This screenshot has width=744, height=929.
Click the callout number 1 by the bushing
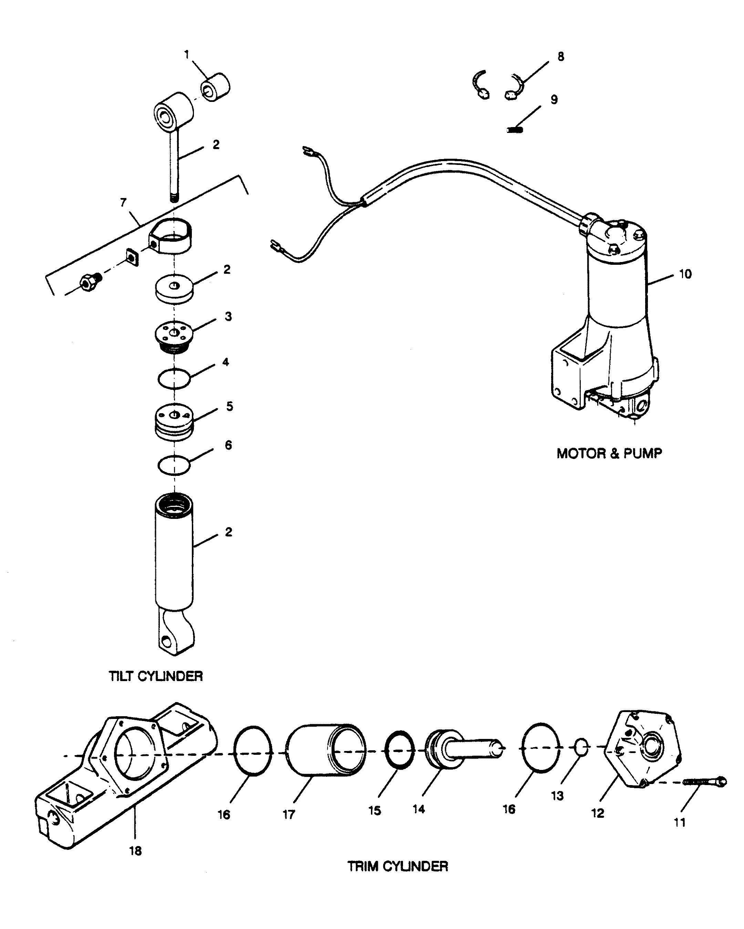(187, 55)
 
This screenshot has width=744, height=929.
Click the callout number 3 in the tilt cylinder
(228, 317)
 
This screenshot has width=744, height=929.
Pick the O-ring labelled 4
(174, 379)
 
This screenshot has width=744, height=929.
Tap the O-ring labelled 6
(174, 465)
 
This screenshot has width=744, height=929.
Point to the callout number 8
(560, 57)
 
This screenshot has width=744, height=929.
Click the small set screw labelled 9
(515, 129)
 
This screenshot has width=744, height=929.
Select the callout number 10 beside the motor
(685, 274)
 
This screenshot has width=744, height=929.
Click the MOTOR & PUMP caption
(609, 453)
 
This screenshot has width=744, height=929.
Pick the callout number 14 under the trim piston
(418, 809)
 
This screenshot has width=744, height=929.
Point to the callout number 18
(135, 850)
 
